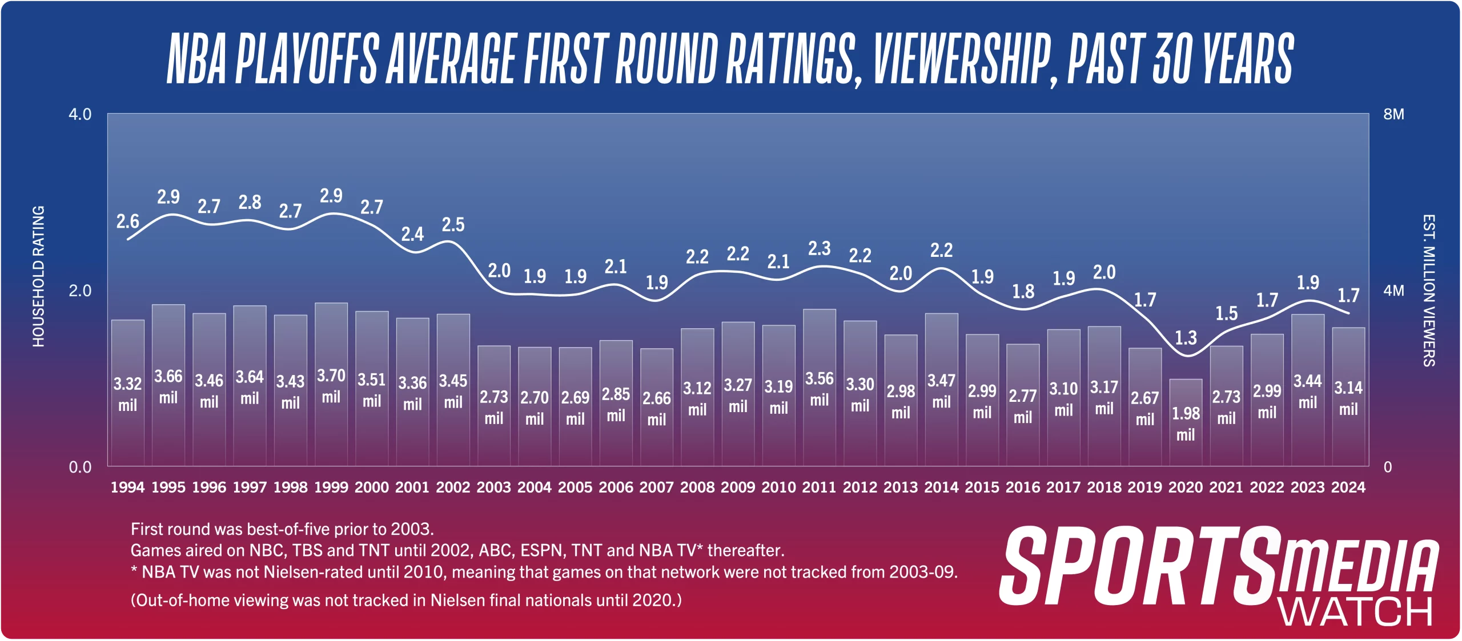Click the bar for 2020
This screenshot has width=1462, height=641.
click(1186, 422)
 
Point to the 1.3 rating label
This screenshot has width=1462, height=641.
click(1186, 338)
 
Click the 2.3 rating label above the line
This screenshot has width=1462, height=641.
click(820, 248)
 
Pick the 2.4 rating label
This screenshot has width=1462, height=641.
click(412, 234)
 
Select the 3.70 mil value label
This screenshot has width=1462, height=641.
click(331, 386)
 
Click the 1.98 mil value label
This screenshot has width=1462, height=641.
click(1186, 424)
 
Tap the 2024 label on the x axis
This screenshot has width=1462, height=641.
click(1348, 487)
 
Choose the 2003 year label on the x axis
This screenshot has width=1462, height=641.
click(494, 487)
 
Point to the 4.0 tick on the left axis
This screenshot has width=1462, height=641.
click(80, 114)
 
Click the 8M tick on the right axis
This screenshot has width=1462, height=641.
click(1393, 114)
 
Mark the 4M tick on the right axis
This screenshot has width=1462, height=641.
click(1393, 291)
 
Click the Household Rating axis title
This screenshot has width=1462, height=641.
click(38, 276)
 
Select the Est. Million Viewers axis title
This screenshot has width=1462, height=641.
click(1428, 291)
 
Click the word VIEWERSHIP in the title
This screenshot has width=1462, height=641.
click(963, 59)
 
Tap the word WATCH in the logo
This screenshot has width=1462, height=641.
click(1356, 612)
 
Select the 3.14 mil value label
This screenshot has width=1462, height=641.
click(1348, 398)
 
